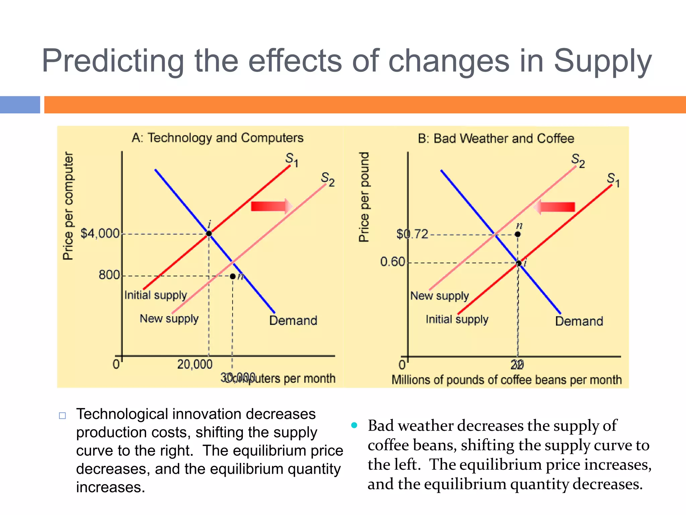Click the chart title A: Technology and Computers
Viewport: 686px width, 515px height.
(218, 138)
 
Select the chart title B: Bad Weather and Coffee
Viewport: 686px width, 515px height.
(496, 138)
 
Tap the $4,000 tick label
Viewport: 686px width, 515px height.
(100, 233)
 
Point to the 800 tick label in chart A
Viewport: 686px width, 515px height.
(109, 275)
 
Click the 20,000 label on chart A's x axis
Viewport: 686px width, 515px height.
(195, 364)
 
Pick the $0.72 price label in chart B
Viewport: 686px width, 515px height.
(412, 234)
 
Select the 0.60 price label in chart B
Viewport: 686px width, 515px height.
(393, 262)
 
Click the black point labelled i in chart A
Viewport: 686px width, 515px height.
(209, 233)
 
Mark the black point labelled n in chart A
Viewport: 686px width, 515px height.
(232, 276)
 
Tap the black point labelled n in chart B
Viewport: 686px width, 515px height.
(518, 234)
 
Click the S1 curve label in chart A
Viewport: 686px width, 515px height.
(291, 159)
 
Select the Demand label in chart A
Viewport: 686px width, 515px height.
(293, 321)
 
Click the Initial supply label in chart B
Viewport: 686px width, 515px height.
(457, 319)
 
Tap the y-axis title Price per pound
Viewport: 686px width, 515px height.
(364, 197)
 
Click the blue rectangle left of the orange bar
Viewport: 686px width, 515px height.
(20, 105)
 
